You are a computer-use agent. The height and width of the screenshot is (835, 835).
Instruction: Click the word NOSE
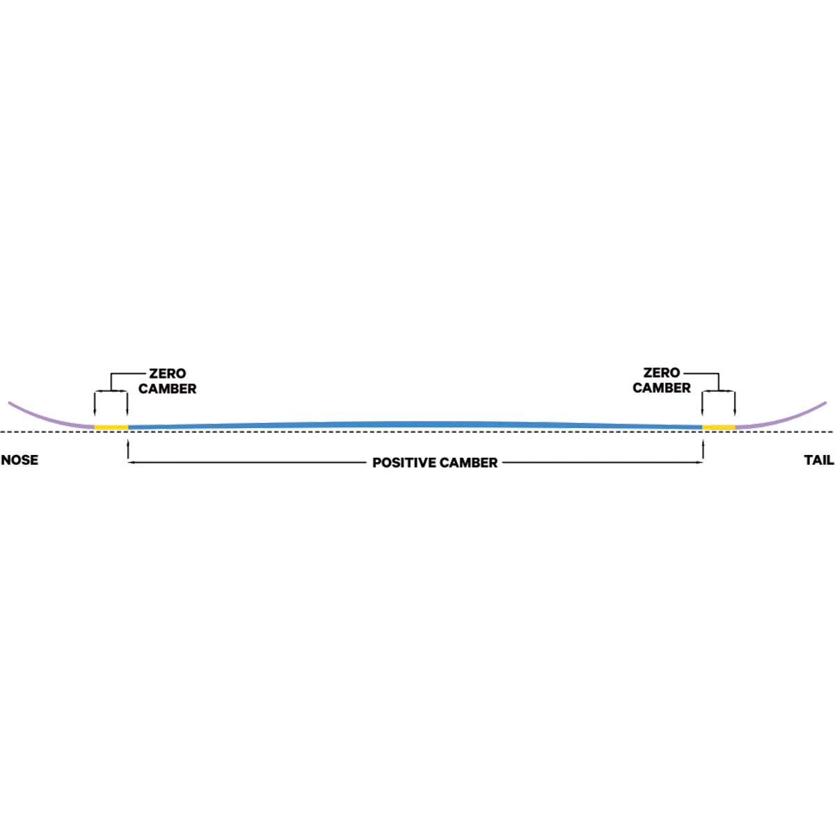(x=19, y=461)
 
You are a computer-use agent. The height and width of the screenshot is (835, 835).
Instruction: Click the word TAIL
(x=818, y=461)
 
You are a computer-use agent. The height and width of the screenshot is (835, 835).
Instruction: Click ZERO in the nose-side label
(x=167, y=374)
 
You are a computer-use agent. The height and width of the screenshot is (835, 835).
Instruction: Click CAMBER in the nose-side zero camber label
(x=168, y=389)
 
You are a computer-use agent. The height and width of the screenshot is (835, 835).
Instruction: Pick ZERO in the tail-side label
(x=661, y=374)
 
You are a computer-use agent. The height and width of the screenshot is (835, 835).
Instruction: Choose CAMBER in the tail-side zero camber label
(x=661, y=389)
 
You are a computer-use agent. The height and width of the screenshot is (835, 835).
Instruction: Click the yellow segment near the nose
(x=111, y=426)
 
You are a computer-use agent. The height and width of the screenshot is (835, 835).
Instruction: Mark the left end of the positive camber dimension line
(x=127, y=461)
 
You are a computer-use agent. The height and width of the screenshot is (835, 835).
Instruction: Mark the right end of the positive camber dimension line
(x=706, y=461)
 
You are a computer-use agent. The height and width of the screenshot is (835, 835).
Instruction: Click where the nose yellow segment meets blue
(x=128, y=426)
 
